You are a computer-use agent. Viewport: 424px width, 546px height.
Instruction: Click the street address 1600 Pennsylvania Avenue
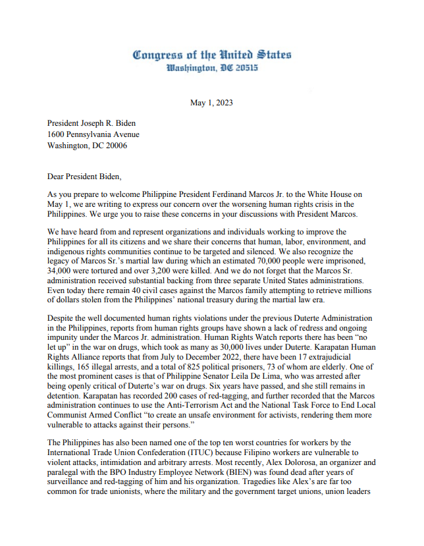[93, 134]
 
